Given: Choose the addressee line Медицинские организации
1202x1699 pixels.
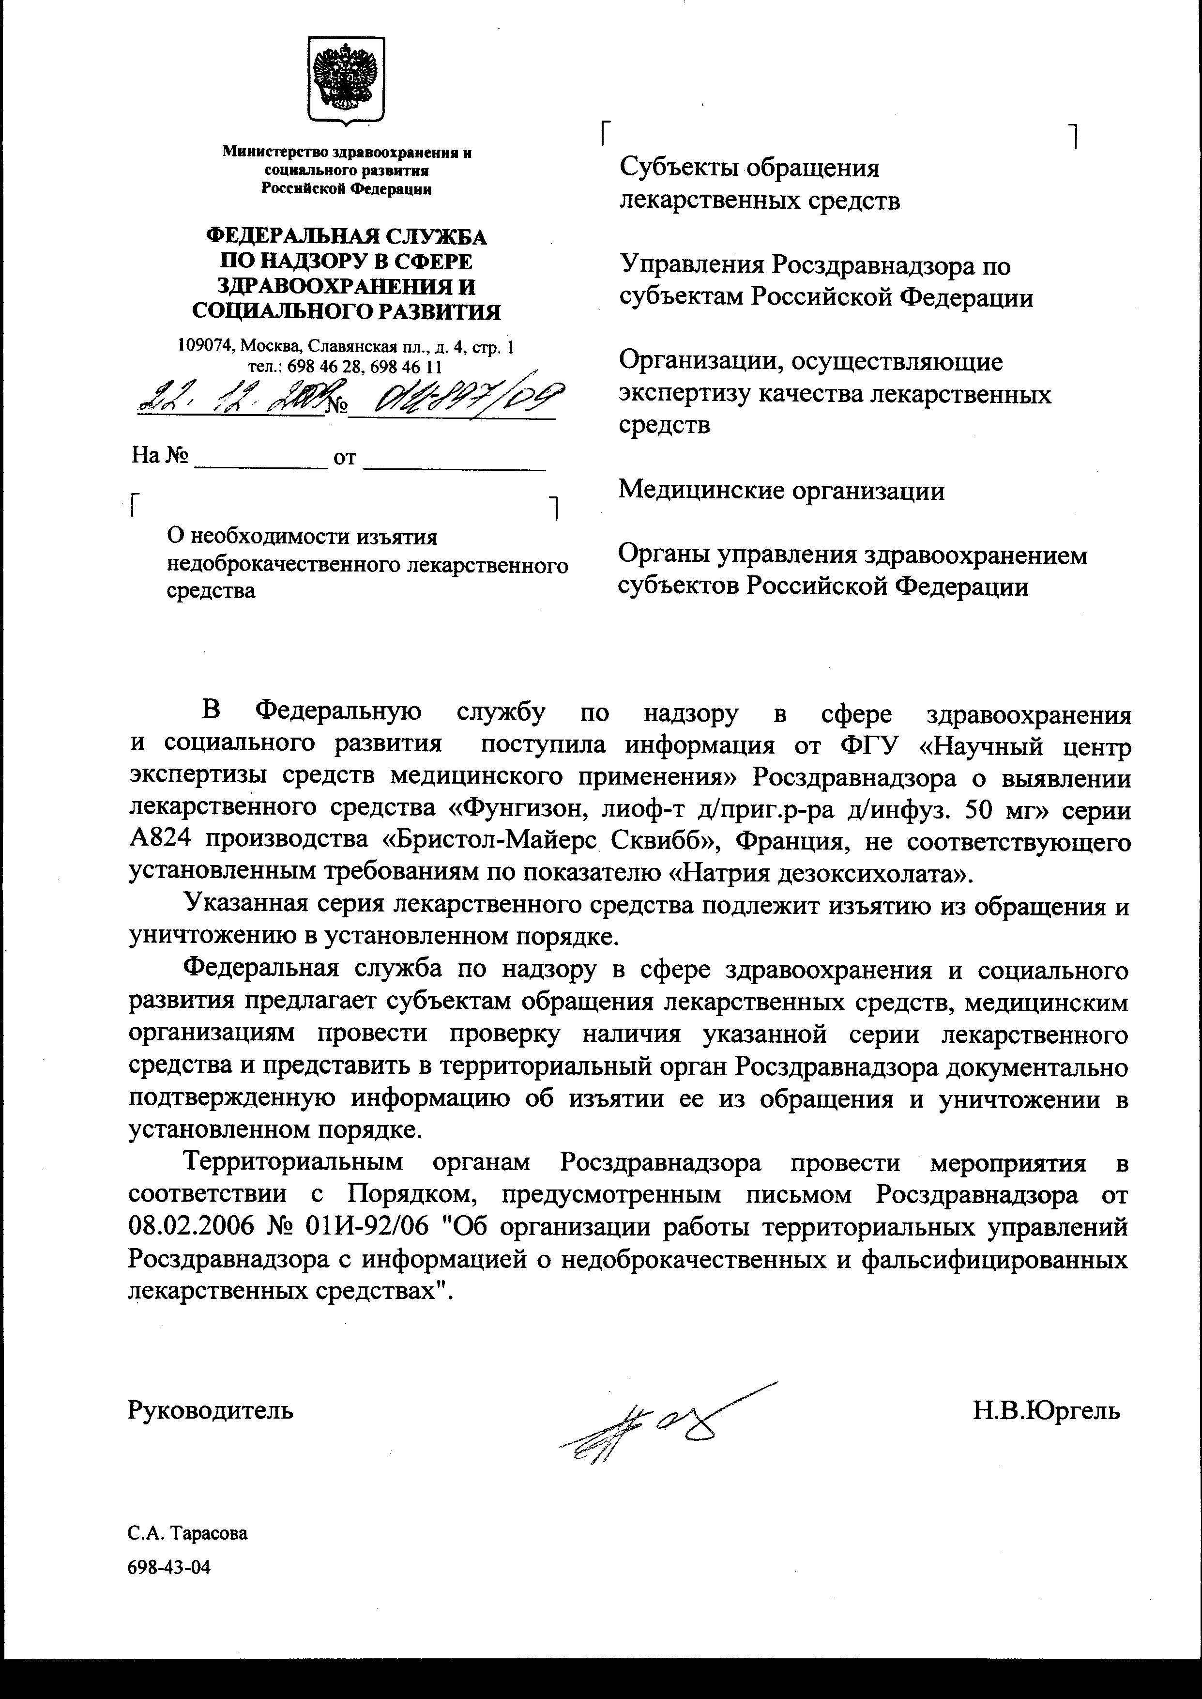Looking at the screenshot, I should [781, 490].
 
